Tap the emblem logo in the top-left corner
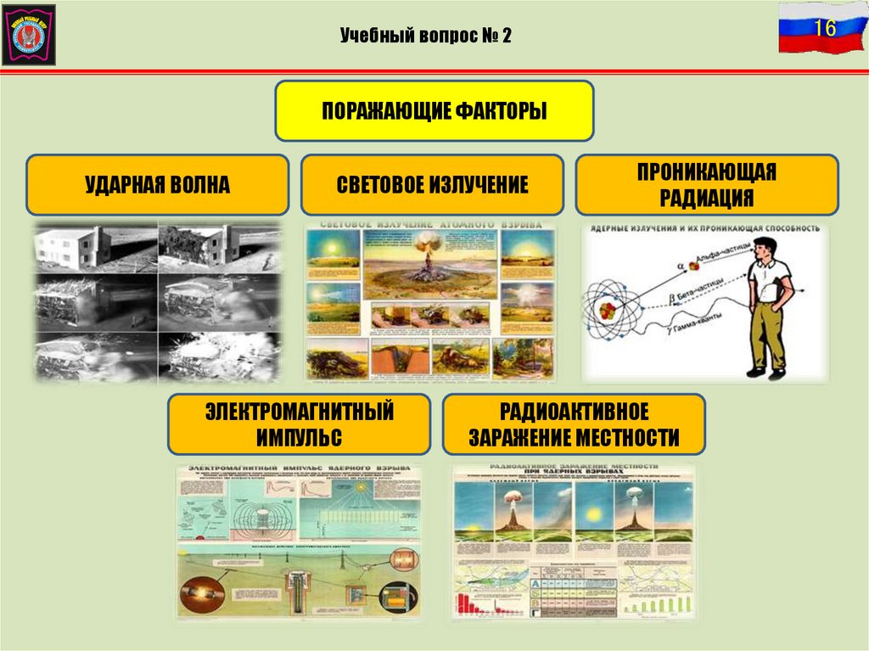coord(29,33)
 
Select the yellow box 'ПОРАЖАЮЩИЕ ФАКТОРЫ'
coord(434,110)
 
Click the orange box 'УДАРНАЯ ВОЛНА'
coord(157,184)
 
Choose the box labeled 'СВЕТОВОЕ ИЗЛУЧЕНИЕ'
coord(432,184)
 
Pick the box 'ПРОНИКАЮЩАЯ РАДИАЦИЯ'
coord(707,184)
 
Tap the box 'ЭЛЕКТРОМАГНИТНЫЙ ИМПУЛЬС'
coord(298,424)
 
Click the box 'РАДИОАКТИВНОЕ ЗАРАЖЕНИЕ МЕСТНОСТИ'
coord(574,424)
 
